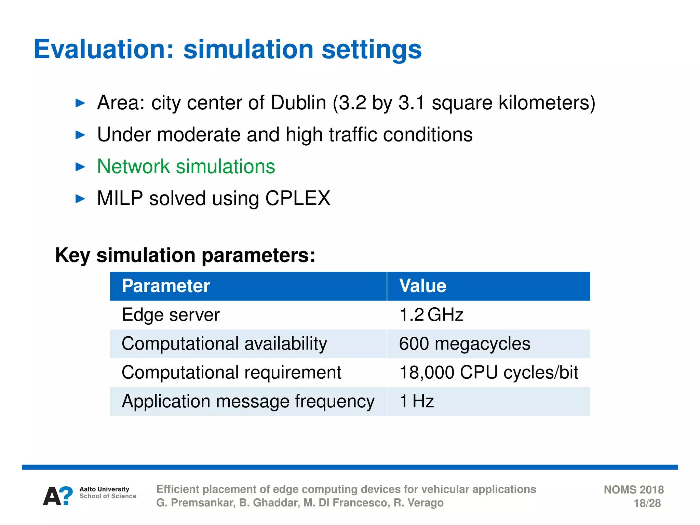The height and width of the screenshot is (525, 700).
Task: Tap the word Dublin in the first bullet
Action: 298,103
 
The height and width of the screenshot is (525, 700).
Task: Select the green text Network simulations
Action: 186,166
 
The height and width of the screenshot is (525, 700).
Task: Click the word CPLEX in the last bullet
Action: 298,198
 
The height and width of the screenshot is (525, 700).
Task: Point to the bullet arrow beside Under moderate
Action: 80,135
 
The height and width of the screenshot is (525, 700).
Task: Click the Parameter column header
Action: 166,286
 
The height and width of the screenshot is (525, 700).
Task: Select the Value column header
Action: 423,286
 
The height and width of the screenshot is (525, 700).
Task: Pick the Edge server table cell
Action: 171,315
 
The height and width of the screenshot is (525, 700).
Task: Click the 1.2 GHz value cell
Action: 431,315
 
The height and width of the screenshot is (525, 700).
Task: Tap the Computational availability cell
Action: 224,344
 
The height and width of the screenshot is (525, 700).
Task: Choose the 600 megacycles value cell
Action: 465,344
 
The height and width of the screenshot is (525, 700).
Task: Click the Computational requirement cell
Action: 231,373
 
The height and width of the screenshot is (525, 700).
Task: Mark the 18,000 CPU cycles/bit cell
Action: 488,373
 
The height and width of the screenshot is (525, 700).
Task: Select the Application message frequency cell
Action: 248,402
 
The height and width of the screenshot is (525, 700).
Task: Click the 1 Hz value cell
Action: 417,402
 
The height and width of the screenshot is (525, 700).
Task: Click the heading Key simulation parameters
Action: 185,255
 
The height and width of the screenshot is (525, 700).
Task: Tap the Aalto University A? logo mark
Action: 58,496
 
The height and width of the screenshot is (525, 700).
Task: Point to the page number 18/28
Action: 647,503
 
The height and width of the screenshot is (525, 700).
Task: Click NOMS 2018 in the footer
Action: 633,489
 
